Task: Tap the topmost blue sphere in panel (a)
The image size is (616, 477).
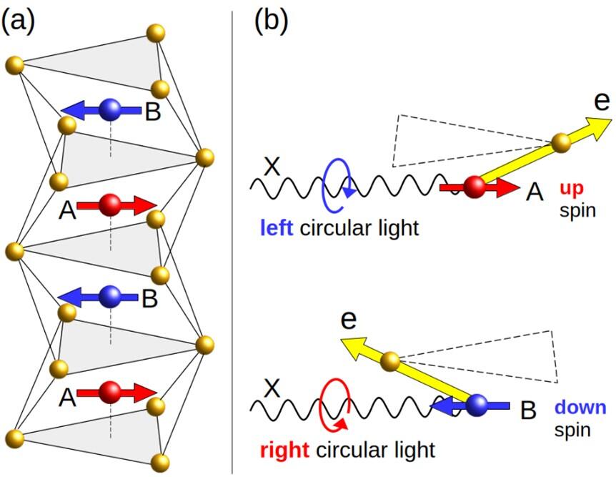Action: (111, 109)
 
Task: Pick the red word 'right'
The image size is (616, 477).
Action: (284, 451)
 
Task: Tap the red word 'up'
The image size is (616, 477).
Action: (572, 187)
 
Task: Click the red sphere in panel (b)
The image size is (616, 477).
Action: (474, 187)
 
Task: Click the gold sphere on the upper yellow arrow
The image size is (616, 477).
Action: (563, 141)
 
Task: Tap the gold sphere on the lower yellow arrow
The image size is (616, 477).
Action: (389, 361)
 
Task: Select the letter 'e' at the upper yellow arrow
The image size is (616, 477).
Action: (602, 101)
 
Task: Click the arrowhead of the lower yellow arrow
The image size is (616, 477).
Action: (349, 345)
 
